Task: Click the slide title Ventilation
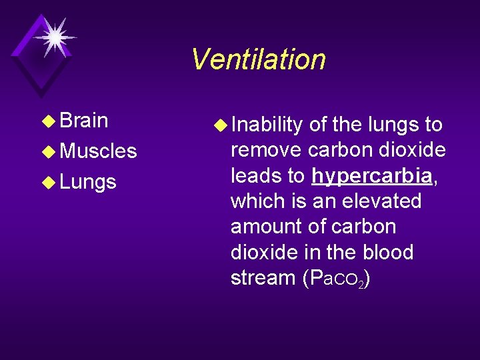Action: tap(258, 59)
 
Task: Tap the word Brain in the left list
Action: tap(84, 121)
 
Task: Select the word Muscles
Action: tap(98, 151)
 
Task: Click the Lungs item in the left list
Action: tap(88, 182)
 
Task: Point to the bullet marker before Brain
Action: tap(51, 121)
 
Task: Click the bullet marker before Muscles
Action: tap(51, 152)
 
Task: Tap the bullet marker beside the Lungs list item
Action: tap(51, 183)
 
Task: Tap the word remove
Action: tap(265, 150)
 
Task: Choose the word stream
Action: tap(261, 278)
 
